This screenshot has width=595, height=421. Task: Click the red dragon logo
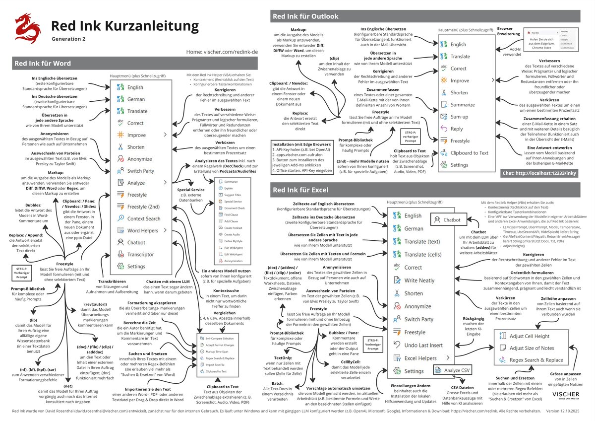28,28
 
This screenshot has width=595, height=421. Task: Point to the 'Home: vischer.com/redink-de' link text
222,51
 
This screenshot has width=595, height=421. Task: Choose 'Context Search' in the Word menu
143,218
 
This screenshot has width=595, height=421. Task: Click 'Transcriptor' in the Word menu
140,255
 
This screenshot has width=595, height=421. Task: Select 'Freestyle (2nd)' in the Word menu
143,207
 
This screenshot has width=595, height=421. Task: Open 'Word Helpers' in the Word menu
142,230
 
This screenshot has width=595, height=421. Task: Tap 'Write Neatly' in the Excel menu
419,281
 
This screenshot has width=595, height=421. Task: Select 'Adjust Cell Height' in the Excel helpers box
529,336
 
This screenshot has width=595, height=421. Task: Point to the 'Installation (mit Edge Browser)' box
301,157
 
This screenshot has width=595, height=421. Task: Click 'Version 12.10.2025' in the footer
568,412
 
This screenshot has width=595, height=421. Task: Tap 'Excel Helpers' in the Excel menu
420,358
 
